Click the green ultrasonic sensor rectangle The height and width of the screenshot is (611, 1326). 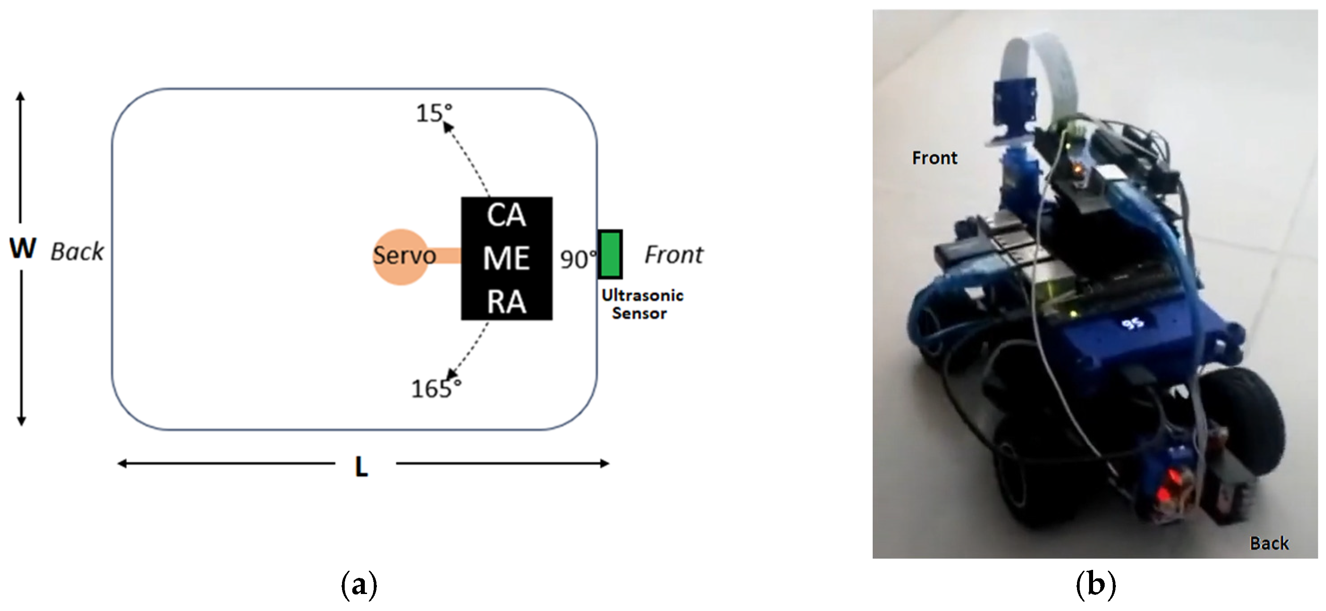click(x=610, y=255)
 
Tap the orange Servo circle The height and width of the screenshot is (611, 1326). click(x=401, y=257)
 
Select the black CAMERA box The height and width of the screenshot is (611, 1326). click(x=507, y=258)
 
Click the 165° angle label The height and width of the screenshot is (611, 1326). click(x=435, y=389)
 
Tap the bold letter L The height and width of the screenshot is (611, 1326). click(x=361, y=467)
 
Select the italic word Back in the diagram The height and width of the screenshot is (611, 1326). click(x=77, y=252)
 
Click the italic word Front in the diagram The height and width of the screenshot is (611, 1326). click(x=673, y=255)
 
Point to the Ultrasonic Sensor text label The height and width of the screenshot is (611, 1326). click(x=642, y=304)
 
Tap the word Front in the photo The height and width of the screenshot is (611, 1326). click(x=934, y=157)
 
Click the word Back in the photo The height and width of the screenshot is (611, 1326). click(x=1269, y=543)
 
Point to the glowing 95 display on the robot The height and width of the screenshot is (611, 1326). click(x=1132, y=323)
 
